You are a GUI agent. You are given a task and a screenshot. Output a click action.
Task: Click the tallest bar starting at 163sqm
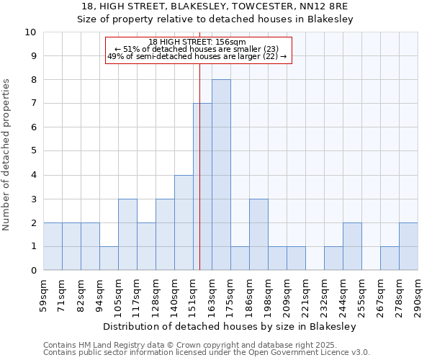221,175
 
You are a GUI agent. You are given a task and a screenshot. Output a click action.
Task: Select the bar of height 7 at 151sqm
202,187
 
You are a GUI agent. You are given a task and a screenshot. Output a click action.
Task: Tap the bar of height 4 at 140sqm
184,222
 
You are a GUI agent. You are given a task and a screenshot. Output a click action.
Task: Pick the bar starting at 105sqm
127,235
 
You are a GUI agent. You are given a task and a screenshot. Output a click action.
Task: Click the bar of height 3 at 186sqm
258,235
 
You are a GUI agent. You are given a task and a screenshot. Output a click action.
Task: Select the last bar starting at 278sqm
408,246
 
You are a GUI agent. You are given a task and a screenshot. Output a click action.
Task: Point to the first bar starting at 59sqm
53,246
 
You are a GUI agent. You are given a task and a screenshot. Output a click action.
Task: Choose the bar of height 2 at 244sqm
352,246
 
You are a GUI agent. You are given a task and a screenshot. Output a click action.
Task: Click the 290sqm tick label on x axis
418,296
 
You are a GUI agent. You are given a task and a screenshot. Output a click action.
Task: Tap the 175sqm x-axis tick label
230,296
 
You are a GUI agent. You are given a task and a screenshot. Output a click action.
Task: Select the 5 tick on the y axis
32,151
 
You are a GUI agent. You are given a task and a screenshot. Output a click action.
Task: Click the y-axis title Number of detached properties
7,156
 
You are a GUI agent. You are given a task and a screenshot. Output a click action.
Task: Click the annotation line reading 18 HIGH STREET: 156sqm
197,42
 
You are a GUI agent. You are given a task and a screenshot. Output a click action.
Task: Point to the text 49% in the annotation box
115,56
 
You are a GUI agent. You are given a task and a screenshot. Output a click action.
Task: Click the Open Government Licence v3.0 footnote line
207,353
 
